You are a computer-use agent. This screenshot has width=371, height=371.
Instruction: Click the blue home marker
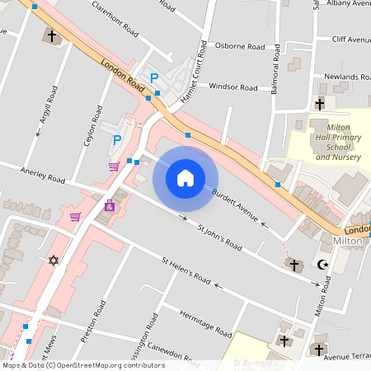(185, 177)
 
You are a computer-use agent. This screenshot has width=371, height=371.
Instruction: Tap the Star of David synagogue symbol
(54, 261)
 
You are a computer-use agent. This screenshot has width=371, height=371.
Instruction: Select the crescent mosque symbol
(322, 265)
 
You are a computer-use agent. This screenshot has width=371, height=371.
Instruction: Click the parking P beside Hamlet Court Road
(153, 78)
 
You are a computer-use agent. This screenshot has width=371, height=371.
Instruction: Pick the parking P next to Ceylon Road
(117, 140)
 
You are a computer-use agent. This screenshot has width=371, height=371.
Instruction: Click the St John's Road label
(220, 236)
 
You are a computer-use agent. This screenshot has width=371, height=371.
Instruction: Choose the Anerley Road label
(44, 176)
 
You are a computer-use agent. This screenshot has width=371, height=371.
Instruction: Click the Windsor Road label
(233, 86)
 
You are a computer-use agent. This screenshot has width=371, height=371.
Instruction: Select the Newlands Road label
(346, 77)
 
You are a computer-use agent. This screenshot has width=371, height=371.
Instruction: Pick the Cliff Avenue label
(351, 40)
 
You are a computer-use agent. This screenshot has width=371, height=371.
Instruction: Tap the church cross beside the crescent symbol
(294, 265)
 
